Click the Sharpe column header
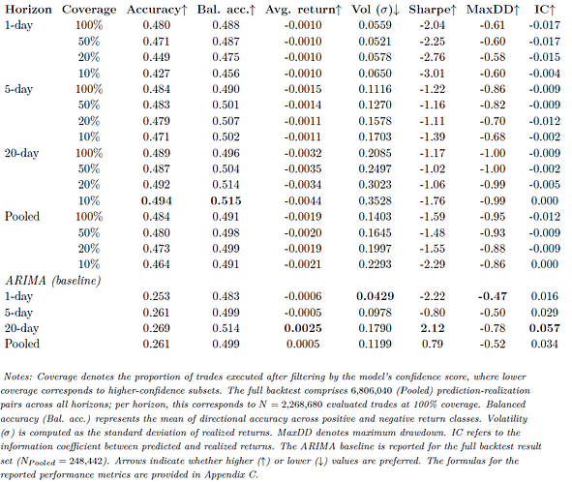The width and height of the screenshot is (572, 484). (433, 10)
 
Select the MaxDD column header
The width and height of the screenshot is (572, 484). (493, 10)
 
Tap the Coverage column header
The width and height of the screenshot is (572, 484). (89, 10)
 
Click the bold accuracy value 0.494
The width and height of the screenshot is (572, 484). (157, 200)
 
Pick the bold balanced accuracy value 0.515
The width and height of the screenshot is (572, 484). (226, 200)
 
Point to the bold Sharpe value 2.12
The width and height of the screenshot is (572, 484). (433, 328)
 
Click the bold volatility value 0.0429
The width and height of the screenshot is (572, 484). (375, 296)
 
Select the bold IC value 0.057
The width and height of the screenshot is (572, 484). (544, 328)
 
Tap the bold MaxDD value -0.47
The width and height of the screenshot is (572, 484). (493, 296)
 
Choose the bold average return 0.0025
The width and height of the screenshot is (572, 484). (303, 328)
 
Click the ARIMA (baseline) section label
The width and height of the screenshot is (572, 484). (53, 281)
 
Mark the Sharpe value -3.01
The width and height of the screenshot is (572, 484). (433, 74)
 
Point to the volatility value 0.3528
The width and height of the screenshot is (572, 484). (375, 200)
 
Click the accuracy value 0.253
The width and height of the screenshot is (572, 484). (157, 296)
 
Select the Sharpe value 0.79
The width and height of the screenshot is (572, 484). (433, 344)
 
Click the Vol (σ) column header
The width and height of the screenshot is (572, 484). (376, 10)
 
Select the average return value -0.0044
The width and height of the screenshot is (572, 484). (303, 200)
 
